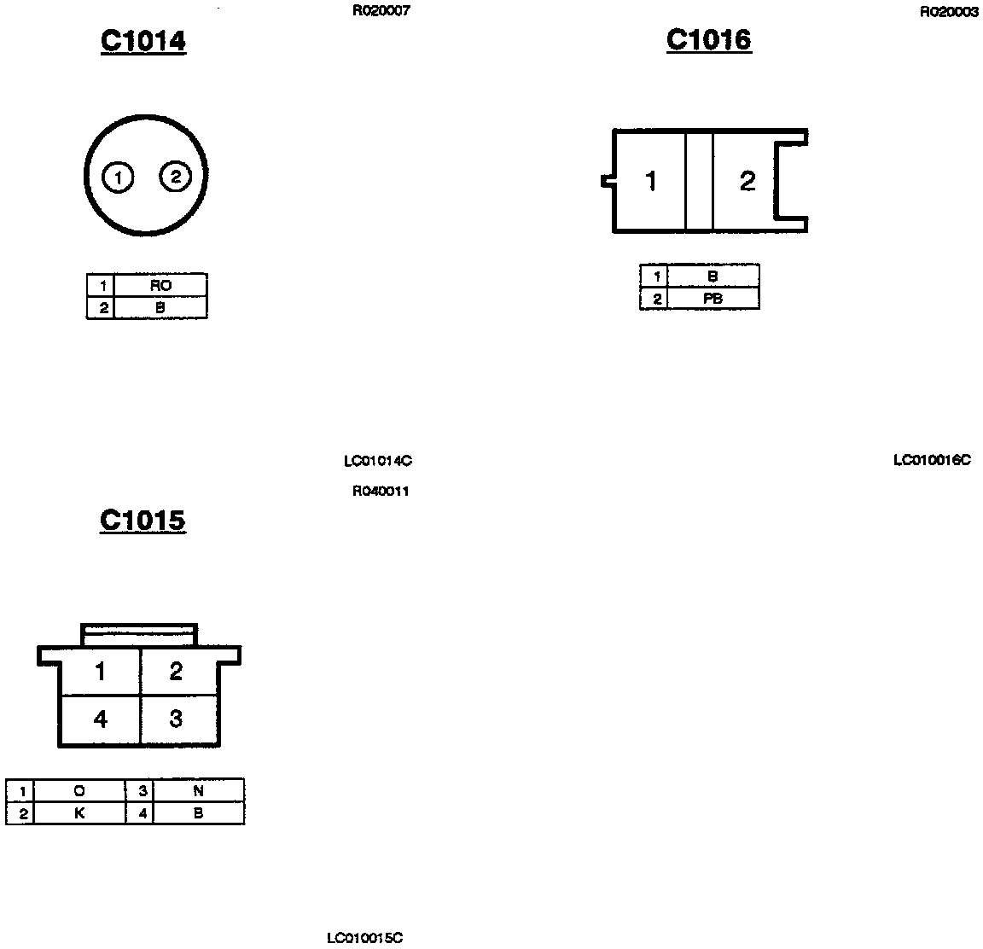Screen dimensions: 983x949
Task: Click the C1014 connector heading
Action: point(143,41)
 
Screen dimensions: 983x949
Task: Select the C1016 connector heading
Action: point(708,39)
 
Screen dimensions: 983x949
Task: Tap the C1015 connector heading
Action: point(143,520)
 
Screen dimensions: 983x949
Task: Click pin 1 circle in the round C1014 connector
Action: point(118,178)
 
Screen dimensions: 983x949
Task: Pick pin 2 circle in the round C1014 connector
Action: point(175,177)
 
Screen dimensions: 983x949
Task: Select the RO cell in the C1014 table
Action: point(160,286)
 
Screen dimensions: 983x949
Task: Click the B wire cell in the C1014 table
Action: point(160,308)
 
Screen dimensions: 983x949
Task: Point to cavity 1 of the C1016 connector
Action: point(650,181)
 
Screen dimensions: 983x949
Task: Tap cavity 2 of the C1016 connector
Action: point(747,181)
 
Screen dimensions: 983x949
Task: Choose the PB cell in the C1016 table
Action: point(713,299)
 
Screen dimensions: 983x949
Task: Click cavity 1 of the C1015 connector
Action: point(100,672)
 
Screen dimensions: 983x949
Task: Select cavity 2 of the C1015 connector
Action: point(176,672)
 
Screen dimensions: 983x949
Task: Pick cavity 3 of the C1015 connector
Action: point(176,719)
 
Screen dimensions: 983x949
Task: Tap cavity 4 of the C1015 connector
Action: point(100,719)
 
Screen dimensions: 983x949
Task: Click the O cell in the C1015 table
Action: point(79,791)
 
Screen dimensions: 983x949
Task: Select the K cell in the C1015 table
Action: point(79,813)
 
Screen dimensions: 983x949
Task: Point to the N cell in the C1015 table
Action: point(198,791)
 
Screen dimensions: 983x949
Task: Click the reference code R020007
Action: point(381,12)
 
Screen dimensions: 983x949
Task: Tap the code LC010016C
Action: point(932,460)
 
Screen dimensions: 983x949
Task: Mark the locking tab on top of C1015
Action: point(139,635)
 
